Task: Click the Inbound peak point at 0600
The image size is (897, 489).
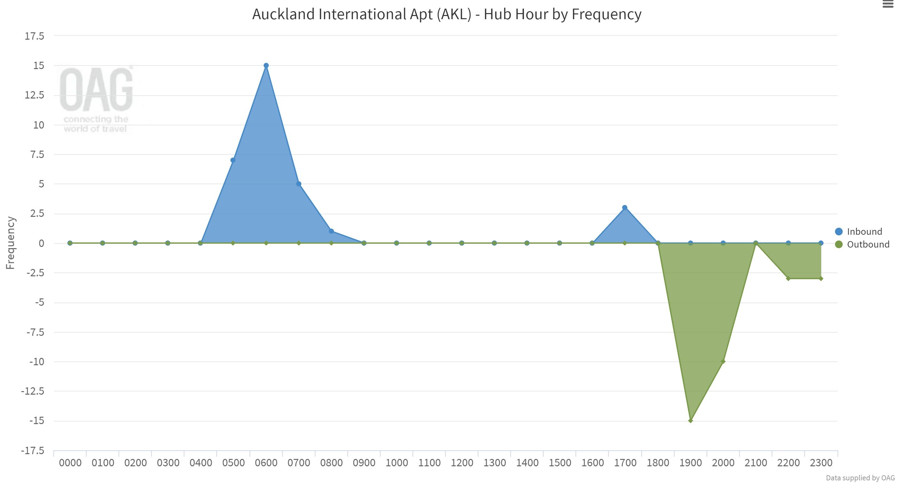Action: (x=266, y=66)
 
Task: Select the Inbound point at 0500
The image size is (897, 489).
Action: (x=233, y=160)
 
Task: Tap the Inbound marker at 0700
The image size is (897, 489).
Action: (x=299, y=184)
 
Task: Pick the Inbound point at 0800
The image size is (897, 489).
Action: (x=331, y=232)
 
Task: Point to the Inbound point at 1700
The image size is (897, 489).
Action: (x=625, y=208)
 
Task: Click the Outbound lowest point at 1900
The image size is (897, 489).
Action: (x=691, y=421)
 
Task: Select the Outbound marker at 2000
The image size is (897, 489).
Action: (x=723, y=362)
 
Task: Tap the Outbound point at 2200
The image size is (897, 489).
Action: (x=788, y=279)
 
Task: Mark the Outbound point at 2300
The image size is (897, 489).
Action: (x=821, y=279)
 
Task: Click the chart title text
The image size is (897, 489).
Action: (x=447, y=15)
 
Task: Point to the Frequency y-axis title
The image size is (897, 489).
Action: (x=11, y=243)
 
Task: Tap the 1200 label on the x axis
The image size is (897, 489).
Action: (x=462, y=463)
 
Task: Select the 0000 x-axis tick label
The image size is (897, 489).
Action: (x=70, y=463)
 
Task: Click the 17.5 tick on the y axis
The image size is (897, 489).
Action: (x=35, y=36)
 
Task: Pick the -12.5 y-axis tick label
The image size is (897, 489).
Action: (x=33, y=391)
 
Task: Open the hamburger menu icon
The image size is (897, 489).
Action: (x=888, y=4)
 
